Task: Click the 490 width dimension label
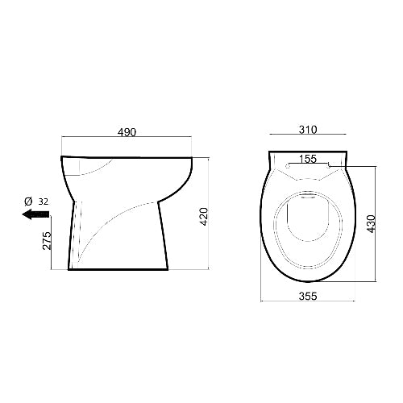coord(127,131)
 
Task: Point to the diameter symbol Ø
coord(28,200)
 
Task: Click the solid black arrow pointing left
coord(35,214)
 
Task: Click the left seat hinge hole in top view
coord(289,166)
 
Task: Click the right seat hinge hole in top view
coord(329,166)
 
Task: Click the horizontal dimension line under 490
coord(127,139)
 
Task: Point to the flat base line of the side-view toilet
coord(121,271)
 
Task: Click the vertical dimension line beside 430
coord(376,222)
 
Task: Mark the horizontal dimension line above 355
coord(309,303)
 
